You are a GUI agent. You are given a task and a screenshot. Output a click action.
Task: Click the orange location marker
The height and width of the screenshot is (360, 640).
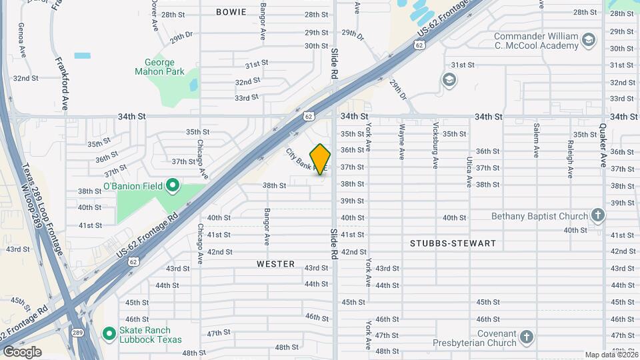(x=321, y=160)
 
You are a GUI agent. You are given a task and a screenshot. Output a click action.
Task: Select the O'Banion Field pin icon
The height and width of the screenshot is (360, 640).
(x=172, y=185)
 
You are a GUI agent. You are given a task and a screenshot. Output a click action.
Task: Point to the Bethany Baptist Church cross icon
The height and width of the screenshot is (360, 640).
(x=598, y=215)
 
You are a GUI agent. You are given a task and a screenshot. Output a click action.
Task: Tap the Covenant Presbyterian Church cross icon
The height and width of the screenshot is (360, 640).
(x=527, y=336)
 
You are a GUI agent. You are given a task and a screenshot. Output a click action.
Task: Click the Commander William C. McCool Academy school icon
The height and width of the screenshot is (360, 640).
(x=589, y=41)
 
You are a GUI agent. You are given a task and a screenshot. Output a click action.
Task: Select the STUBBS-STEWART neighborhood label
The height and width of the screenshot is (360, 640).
(x=453, y=243)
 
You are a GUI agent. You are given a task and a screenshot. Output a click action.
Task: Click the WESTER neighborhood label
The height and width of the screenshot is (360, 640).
(x=276, y=264)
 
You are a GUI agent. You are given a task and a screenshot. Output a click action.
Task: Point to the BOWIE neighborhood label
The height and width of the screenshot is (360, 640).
(x=231, y=12)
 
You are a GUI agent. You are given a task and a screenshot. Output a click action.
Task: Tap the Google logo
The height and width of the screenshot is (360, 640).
(x=22, y=351)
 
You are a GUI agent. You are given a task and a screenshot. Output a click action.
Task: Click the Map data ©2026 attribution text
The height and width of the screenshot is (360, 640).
(x=611, y=355)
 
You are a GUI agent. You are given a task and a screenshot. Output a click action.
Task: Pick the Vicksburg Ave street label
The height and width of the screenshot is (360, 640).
(x=436, y=144)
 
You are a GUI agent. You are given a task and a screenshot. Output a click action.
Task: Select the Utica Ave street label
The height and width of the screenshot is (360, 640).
(x=469, y=172)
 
